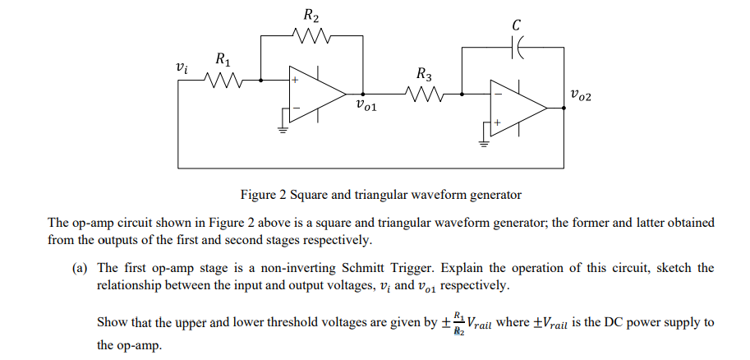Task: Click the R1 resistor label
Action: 223,60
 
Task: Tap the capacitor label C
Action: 516,25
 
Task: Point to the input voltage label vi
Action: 182,68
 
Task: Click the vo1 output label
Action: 367,104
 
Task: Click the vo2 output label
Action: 579,96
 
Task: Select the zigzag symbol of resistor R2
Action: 312,36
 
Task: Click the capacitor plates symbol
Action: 519,48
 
